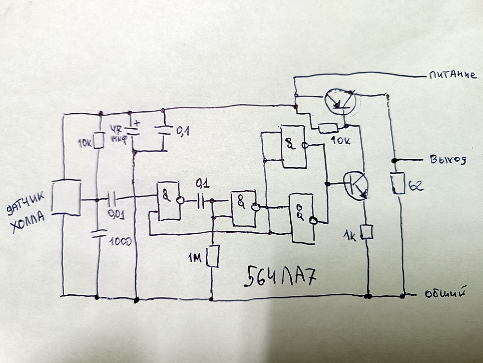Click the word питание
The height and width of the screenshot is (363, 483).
(452, 75)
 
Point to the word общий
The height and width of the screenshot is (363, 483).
(447, 293)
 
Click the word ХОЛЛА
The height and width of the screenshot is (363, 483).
(28, 222)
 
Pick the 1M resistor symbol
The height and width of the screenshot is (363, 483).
(213, 256)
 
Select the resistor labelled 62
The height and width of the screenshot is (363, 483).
(398, 183)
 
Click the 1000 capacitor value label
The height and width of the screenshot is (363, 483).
(119, 241)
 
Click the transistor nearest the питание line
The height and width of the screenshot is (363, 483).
(340, 101)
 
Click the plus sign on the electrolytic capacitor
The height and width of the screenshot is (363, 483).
(137, 122)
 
